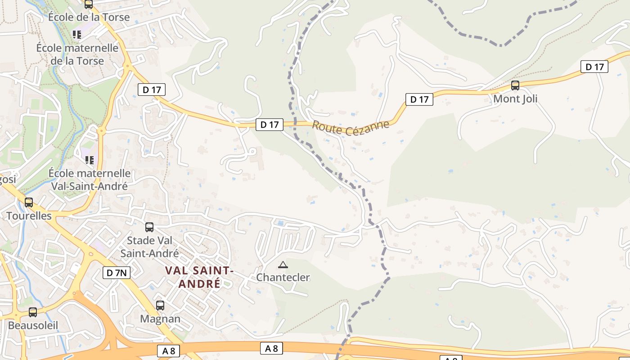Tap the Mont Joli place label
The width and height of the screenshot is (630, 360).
(x=515, y=99)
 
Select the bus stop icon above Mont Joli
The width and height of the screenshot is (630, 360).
(x=515, y=85)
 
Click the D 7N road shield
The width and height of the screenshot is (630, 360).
(x=117, y=272)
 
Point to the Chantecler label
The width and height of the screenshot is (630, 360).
(x=283, y=277)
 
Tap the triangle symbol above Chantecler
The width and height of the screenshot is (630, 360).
(x=283, y=265)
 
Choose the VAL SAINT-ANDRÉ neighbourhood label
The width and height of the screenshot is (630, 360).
(x=199, y=277)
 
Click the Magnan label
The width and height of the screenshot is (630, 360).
(x=160, y=319)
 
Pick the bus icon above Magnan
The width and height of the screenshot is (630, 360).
(x=160, y=306)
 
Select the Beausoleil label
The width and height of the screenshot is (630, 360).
(x=33, y=325)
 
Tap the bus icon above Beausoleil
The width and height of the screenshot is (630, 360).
(x=33, y=312)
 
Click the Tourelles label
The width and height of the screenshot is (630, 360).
(x=29, y=216)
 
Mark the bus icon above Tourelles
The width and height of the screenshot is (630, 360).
(x=29, y=202)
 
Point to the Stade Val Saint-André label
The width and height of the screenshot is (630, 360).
(x=149, y=247)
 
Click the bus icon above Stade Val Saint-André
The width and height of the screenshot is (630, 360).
(x=149, y=227)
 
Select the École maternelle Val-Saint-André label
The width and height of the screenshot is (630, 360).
(x=90, y=179)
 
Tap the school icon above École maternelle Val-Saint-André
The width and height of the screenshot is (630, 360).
(x=89, y=160)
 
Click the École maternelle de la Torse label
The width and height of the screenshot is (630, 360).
(x=77, y=54)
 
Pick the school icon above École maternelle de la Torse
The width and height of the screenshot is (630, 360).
(x=77, y=34)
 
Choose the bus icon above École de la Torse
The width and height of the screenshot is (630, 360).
(x=89, y=4)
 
